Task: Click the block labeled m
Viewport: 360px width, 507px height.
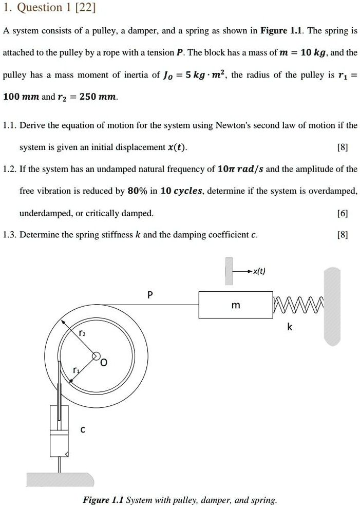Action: [x=236, y=306]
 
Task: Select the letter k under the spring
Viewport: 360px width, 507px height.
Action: [x=290, y=327]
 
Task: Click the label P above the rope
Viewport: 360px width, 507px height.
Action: [x=149, y=295]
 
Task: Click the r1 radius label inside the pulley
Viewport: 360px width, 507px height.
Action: [x=77, y=370]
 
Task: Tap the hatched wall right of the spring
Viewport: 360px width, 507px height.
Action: [x=332, y=306]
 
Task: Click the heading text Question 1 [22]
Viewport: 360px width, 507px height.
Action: [x=49, y=8]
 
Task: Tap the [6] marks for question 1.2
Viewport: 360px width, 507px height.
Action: [x=343, y=213]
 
